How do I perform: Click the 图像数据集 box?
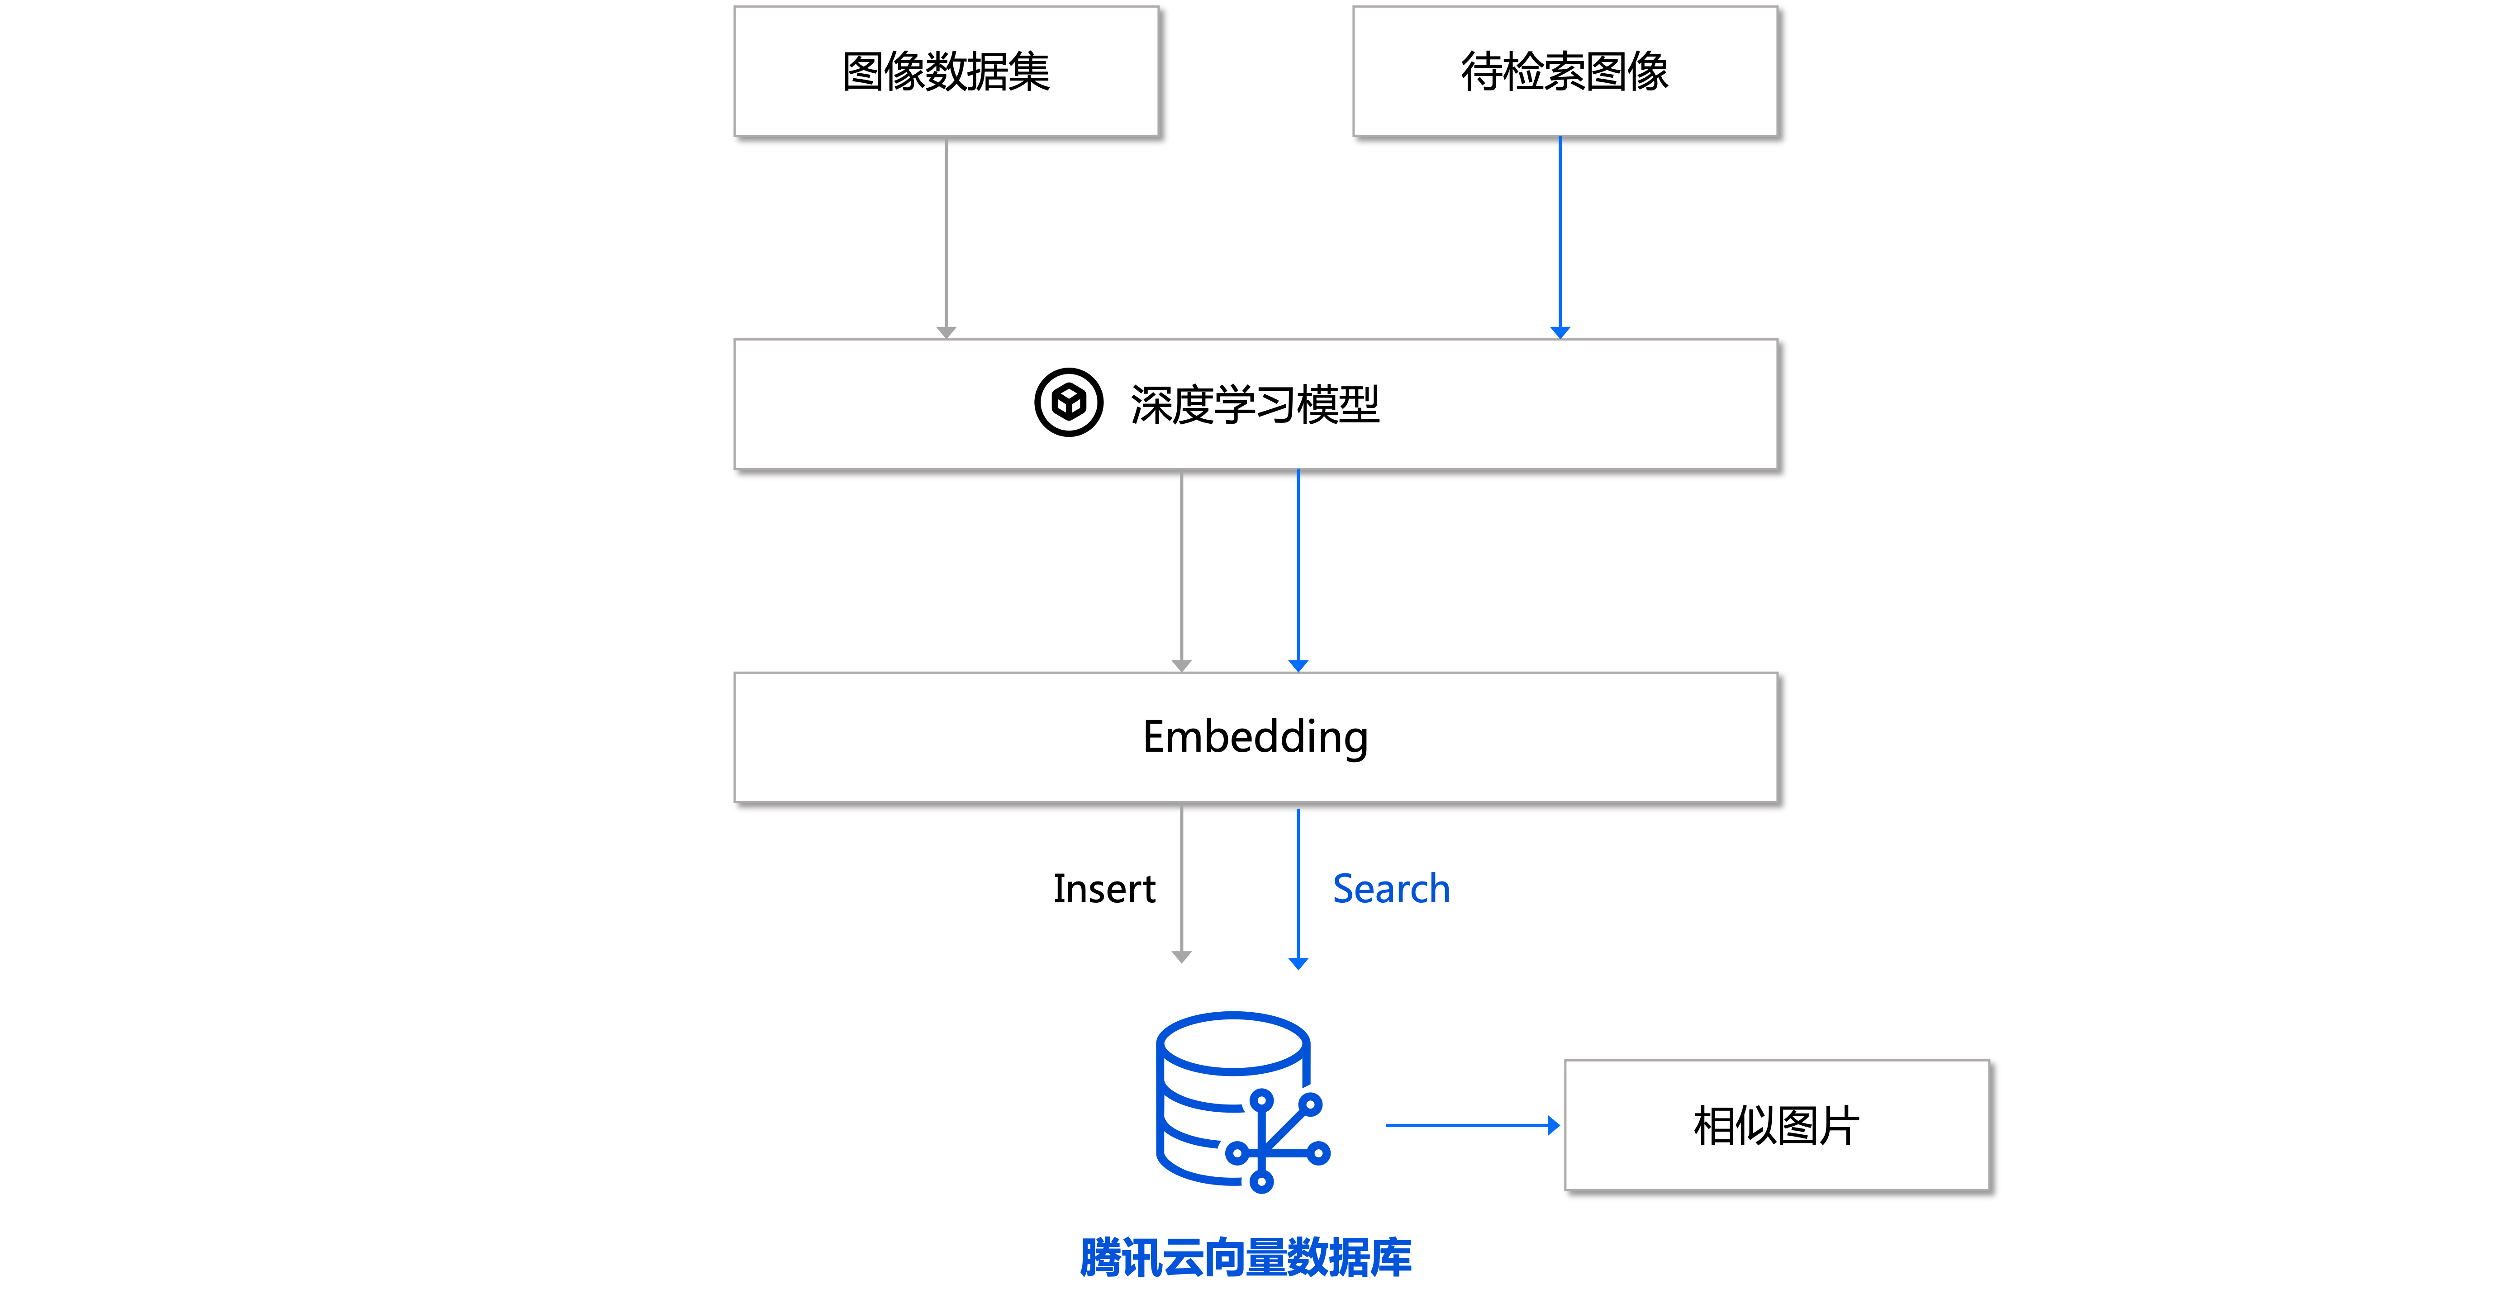[x=946, y=71]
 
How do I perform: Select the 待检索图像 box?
[x=1565, y=71]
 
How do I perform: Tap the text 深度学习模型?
[x=1255, y=404]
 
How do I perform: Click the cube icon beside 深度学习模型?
[x=1068, y=403]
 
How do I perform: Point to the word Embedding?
[x=1255, y=737]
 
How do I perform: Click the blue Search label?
[x=1391, y=889]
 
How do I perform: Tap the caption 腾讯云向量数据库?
[x=1246, y=1257]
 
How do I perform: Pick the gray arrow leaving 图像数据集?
[x=946, y=234]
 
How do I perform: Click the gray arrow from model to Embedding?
[x=1181, y=570]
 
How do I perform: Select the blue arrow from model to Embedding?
[x=1298, y=570]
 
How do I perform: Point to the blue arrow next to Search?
[x=1298, y=882]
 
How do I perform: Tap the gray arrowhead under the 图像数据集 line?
[x=946, y=332]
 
